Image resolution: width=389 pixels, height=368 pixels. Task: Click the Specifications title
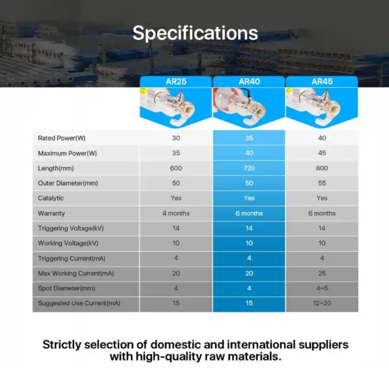tap(195, 33)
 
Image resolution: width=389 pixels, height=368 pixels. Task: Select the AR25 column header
tap(176, 82)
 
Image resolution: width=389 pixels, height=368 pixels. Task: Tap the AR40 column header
tap(249, 82)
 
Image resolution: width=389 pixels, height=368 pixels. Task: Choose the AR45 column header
tap(322, 82)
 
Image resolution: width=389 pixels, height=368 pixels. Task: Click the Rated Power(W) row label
tap(61, 138)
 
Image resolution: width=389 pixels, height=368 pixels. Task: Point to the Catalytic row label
tap(51, 198)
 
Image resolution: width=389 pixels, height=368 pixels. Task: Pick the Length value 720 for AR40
tap(249, 168)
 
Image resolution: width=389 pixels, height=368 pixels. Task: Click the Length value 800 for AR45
tap(322, 168)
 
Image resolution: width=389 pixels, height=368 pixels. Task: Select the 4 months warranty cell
tap(176, 213)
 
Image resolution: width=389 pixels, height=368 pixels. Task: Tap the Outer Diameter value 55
tap(322, 183)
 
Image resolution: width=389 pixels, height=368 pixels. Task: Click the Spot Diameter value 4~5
tap(322, 288)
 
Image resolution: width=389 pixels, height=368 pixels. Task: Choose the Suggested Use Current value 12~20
tap(322, 303)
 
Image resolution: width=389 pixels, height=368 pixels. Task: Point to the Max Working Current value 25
tap(322, 273)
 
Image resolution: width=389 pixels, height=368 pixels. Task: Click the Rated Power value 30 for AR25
tap(176, 138)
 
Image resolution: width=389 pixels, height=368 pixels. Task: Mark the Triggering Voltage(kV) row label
tap(70, 228)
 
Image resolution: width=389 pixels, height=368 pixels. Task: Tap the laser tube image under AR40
tap(249, 107)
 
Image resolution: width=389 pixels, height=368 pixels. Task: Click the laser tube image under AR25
tap(176, 107)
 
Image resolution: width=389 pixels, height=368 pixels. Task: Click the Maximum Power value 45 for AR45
tap(322, 153)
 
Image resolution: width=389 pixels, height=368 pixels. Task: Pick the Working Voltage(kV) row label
tap(68, 243)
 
